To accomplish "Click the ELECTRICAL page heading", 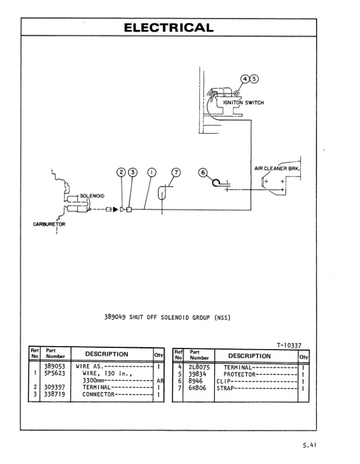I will [169, 28].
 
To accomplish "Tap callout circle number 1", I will [151, 172].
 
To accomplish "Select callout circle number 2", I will [121, 172].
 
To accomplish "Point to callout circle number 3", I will [133, 172].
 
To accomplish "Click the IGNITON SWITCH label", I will [244, 103].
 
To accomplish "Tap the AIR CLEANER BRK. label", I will [277, 168].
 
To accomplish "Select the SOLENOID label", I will [92, 196].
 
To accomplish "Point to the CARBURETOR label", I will [49, 224].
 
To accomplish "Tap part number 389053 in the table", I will [55, 366].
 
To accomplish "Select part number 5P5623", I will [55, 373].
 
